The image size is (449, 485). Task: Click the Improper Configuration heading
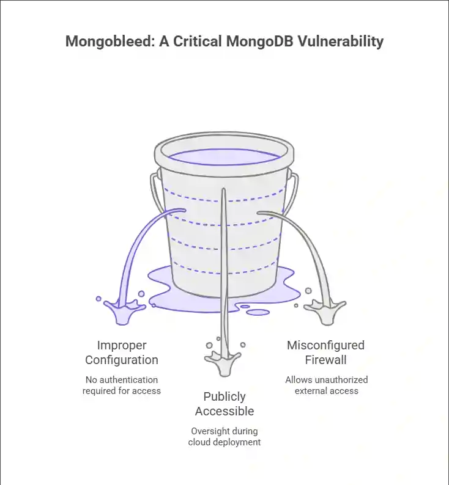(122, 352)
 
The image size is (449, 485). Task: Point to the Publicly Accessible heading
(224, 404)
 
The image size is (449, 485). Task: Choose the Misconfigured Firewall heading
(326, 352)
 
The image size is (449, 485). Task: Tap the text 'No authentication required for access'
(122, 385)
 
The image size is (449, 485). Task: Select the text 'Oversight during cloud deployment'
(224, 436)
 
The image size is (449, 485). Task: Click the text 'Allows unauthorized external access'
(326, 385)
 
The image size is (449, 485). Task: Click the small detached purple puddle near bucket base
(258, 313)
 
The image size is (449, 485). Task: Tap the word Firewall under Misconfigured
(326, 360)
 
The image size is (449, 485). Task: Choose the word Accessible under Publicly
(224, 411)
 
